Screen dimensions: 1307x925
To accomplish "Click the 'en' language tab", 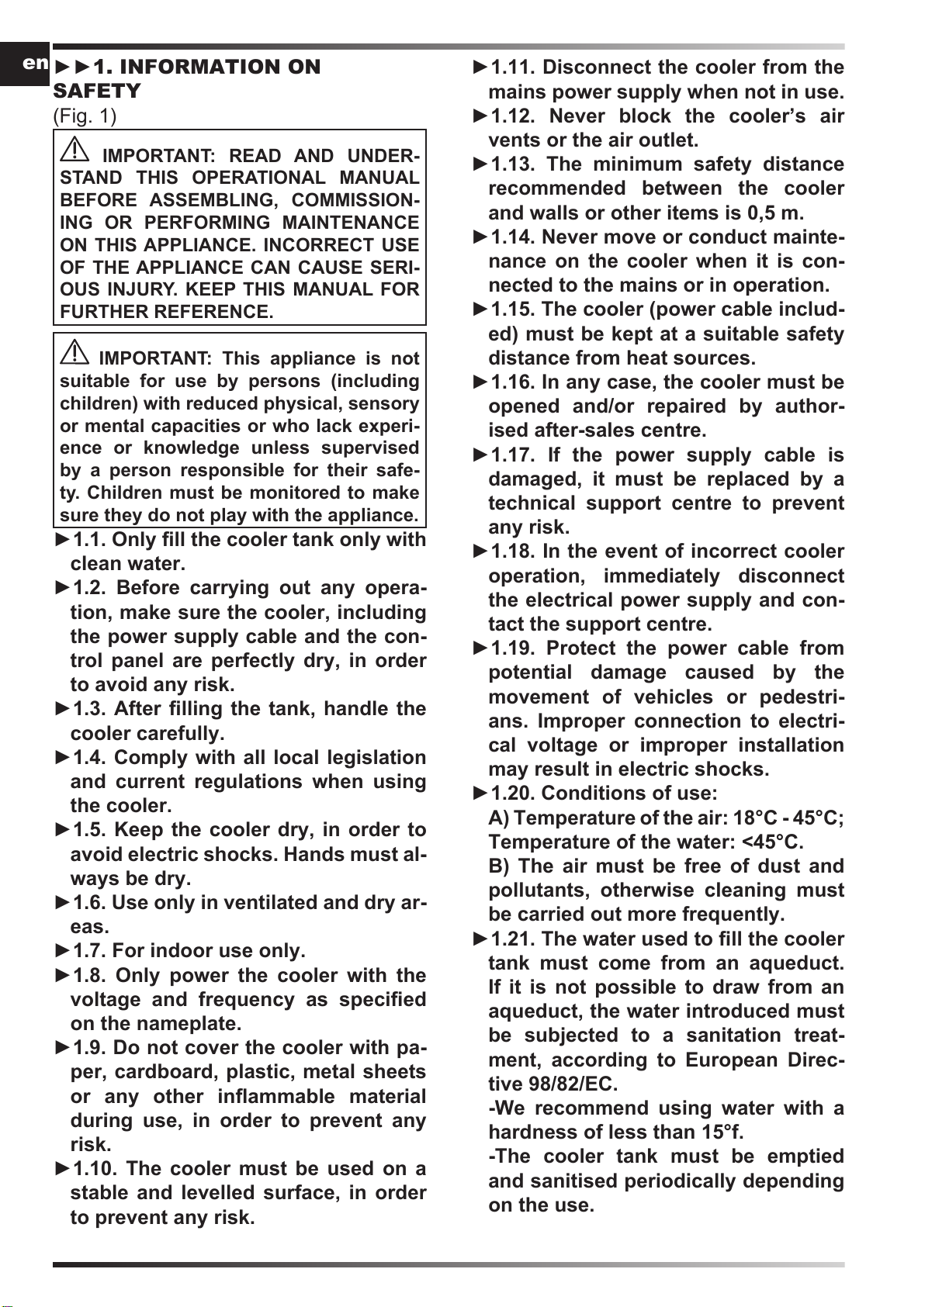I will tap(35, 63).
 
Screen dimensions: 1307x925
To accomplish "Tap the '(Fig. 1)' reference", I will tap(85, 116).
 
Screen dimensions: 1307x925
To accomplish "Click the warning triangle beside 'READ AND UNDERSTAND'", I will tap(74, 149).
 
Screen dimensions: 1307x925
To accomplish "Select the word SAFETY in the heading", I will tap(97, 92).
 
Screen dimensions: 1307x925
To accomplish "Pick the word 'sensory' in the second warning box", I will tap(383, 403).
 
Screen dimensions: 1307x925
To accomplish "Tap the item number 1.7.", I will tap(89, 951).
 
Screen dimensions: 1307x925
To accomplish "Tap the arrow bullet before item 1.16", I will tap(480, 382).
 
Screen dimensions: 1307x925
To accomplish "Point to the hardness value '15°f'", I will tap(722, 1132).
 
